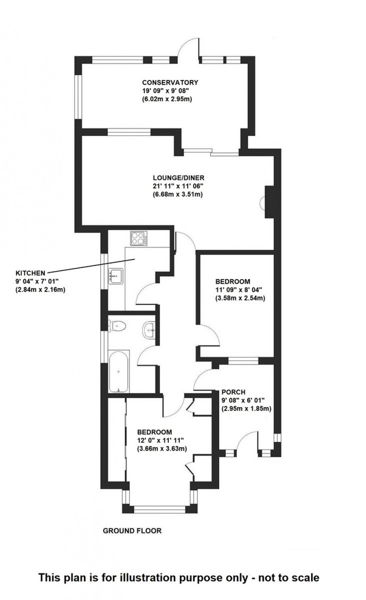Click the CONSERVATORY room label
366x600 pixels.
pyautogui.click(x=170, y=83)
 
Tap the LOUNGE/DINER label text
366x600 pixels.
pyautogui.click(x=178, y=178)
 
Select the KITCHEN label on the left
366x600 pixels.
pyautogui.click(x=30, y=273)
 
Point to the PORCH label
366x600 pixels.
pyautogui.click(x=233, y=392)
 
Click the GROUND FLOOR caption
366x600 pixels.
pyautogui.click(x=132, y=530)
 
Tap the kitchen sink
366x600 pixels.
pyautogui.click(x=116, y=276)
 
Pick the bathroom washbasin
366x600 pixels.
pyautogui.click(x=149, y=328)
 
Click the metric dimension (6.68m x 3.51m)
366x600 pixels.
pyautogui.click(x=178, y=194)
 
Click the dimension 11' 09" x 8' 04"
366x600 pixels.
pyautogui.click(x=239, y=290)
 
